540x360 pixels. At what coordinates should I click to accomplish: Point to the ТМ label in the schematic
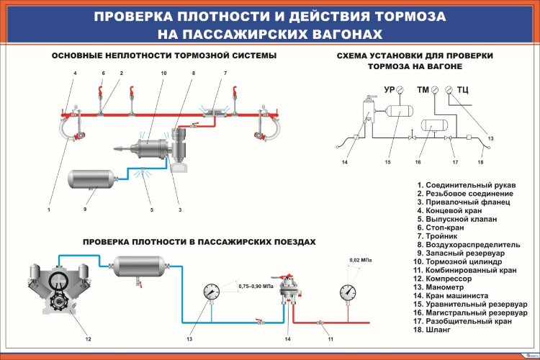pyautogui.click(x=423, y=90)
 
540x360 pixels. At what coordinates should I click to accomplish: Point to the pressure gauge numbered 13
pyautogui.click(x=212, y=292)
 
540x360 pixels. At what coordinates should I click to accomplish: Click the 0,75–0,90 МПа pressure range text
pyautogui.click(x=256, y=287)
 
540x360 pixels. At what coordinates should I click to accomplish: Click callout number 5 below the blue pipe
pyautogui.click(x=152, y=210)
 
